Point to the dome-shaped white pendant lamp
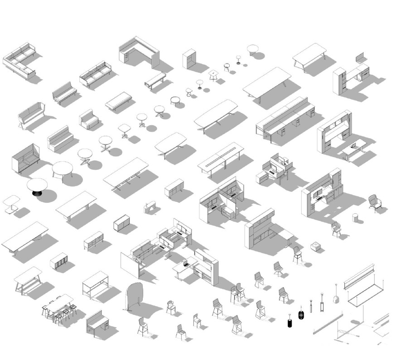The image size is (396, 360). coord(336,298)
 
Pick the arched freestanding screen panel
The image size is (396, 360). coord(135,295)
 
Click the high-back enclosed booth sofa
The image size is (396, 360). coord(25,158)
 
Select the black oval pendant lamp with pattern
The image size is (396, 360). coord(301,315)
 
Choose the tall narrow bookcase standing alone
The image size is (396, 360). coord(189,58)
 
